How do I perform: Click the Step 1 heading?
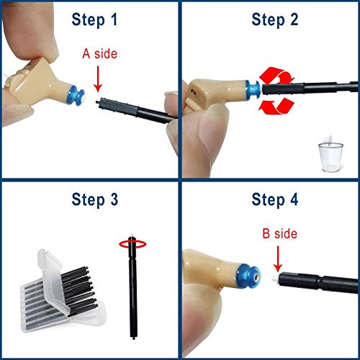pos(94,19)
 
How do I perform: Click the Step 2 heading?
pos(276,19)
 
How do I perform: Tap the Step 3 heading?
pos(94,199)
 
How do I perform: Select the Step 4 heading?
pos(276,199)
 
